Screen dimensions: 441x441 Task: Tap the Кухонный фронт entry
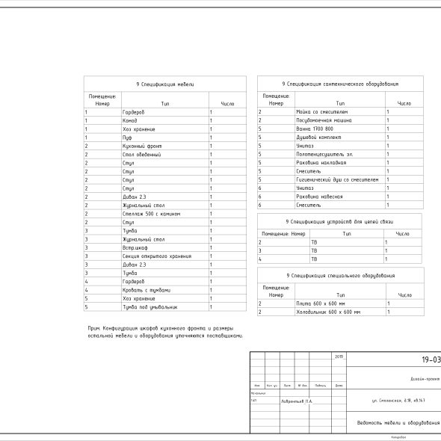coord(139,146)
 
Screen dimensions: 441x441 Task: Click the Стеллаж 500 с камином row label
coord(151,214)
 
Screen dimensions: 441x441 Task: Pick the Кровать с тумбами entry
coord(146,290)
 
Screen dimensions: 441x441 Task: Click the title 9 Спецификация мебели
coord(164,85)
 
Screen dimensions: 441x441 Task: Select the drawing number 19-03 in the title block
coord(431,360)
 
